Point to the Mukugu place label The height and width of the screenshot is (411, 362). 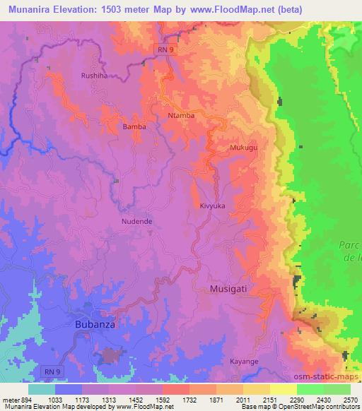(x=243, y=148)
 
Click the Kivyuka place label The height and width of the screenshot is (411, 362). (x=212, y=205)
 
